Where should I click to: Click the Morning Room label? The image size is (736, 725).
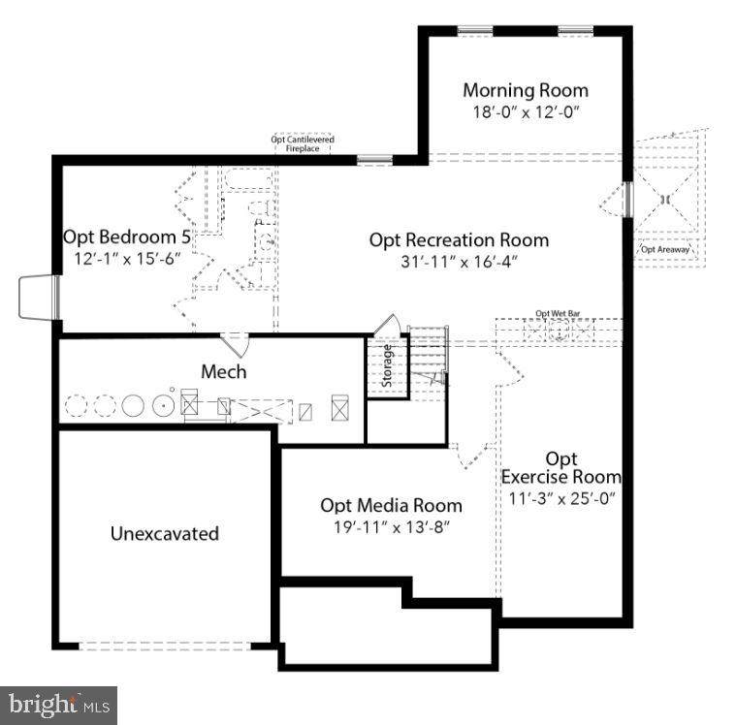coord(525,91)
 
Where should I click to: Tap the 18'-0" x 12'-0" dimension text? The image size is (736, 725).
coord(525,111)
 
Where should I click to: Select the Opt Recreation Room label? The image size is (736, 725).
coord(459,240)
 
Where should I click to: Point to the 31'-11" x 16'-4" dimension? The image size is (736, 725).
coord(459,261)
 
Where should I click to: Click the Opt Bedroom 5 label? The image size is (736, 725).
coord(127,236)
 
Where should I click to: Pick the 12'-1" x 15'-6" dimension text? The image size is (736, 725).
coord(127,259)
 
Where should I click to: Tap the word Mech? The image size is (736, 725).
coord(223,371)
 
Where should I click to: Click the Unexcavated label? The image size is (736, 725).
coord(164,533)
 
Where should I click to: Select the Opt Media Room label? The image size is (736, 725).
coord(391,506)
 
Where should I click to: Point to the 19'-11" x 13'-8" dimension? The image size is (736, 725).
coord(391,527)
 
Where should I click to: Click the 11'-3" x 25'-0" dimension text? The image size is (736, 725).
coord(562,498)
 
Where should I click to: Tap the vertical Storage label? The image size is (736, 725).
coord(388,366)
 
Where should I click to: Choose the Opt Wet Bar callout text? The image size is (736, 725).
coord(557,314)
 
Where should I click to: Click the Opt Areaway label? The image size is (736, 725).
coord(666,249)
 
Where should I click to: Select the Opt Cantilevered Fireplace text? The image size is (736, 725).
coord(302,143)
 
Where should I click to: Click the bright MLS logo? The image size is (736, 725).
coord(58,705)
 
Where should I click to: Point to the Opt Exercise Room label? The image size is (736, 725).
coord(560,467)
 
